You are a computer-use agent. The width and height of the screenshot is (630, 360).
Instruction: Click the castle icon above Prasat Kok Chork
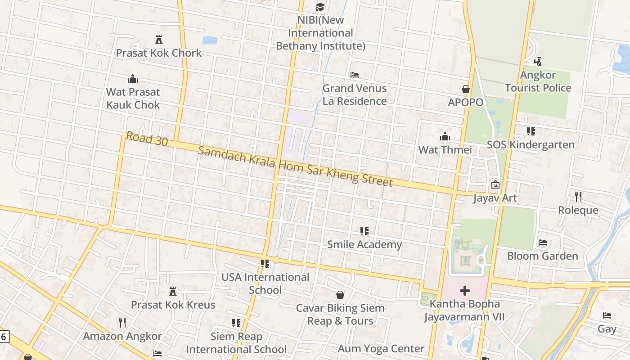(158, 40)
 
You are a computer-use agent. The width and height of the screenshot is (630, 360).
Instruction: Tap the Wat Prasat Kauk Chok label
(133, 99)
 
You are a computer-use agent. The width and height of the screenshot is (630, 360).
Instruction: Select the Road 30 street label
(147, 139)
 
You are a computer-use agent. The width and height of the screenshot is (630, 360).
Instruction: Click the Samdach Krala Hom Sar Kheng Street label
(295, 166)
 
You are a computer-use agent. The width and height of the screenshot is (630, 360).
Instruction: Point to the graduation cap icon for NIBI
(320, 7)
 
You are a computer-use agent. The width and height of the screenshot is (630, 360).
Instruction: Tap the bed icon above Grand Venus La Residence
(355, 75)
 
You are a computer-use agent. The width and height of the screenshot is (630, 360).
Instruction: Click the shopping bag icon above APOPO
(466, 89)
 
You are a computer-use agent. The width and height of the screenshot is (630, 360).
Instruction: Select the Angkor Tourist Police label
(538, 81)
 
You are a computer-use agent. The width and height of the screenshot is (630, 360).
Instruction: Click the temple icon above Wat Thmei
(445, 136)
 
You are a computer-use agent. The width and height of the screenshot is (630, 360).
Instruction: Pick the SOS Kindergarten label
(531, 144)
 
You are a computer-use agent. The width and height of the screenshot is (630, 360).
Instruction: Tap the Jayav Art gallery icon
(495, 184)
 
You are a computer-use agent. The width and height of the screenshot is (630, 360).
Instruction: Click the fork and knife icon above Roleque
(578, 197)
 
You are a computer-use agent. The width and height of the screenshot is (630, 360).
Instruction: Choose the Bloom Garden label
(542, 256)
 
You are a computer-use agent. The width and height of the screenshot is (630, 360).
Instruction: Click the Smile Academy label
(364, 244)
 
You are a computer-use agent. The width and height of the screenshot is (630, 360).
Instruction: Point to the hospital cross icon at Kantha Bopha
(465, 291)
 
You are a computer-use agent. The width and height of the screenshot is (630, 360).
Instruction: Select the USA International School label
(265, 283)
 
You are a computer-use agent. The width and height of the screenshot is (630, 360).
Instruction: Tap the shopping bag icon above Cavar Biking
(341, 295)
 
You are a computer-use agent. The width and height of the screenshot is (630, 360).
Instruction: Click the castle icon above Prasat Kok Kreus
(173, 292)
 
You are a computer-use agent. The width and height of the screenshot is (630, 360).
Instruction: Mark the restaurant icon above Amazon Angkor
(122, 323)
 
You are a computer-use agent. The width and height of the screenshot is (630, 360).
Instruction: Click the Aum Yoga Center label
(381, 349)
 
